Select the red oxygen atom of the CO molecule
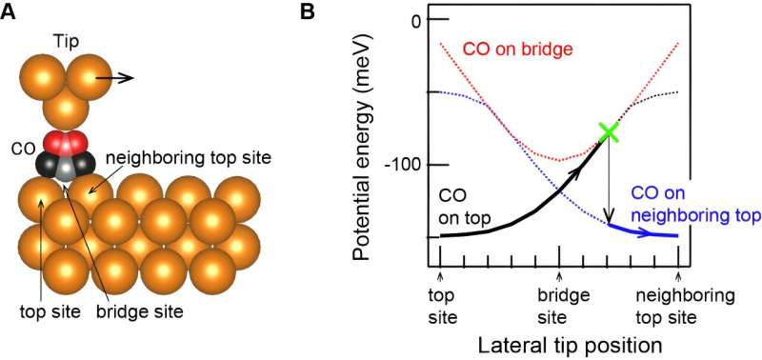pos(65,144)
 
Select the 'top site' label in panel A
pos(44,310)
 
